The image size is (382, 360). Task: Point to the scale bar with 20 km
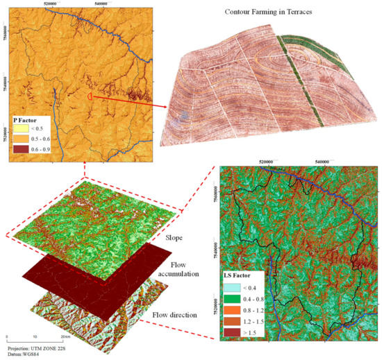[x=35, y=337]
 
